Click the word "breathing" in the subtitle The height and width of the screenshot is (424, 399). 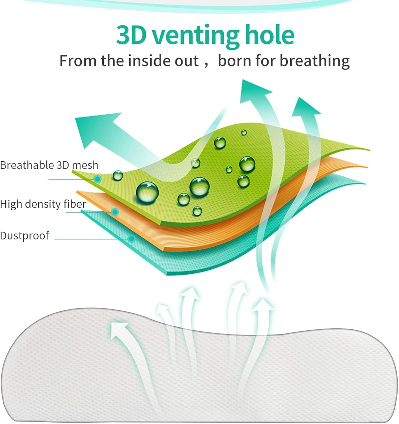315,61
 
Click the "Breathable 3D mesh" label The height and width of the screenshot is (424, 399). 49,165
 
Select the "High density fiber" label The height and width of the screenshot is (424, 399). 43,204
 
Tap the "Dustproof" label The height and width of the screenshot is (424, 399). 25,236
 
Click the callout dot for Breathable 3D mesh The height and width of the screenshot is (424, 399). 97,179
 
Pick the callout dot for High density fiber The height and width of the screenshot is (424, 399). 115,212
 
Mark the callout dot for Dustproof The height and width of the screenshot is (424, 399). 132,238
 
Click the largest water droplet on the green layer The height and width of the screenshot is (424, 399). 147,192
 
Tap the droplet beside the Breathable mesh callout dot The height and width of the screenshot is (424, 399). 118,176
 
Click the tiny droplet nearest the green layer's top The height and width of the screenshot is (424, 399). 244,132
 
